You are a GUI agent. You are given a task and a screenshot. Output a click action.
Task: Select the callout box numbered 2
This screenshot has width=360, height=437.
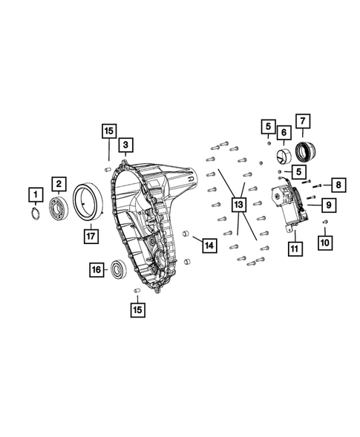click(58, 183)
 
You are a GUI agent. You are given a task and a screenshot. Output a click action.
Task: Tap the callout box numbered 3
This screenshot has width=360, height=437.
click(126, 144)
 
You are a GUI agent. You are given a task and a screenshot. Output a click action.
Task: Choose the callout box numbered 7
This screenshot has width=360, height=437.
click(302, 121)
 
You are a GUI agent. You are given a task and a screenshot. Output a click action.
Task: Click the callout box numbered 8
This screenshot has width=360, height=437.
click(338, 183)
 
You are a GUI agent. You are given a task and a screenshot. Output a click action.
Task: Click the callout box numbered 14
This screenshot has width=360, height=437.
click(208, 244)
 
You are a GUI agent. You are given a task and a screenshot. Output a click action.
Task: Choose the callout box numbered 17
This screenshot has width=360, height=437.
click(91, 236)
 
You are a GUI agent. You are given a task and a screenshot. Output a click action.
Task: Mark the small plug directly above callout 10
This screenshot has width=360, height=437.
click(325, 222)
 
